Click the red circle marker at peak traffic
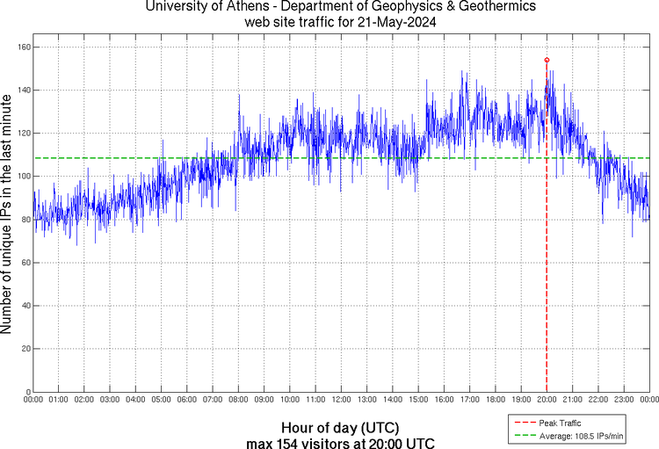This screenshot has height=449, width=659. click(x=547, y=60)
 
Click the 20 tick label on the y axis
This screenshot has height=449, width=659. click(x=25, y=349)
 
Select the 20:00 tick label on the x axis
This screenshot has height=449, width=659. click(x=547, y=400)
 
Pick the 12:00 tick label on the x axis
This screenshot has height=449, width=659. click(x=341, y=400)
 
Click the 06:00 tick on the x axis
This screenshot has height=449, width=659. click(x=187, y=400)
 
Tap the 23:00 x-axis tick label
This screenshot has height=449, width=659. click(x=624, y=400)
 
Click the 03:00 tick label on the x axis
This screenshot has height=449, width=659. click(x=110, y=400)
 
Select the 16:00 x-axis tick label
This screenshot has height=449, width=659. click(x=444, y=400)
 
